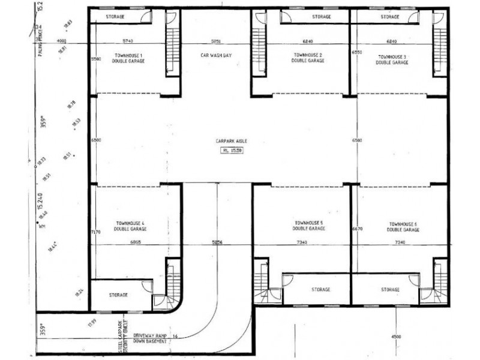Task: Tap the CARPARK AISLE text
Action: [232, 141]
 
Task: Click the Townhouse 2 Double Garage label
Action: [308, 58]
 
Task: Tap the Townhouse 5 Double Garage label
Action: [309, 226]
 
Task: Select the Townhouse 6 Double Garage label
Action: [403, 226]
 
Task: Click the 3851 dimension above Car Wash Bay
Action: [215, 41]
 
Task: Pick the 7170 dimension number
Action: [95, 231]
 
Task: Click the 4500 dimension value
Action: [396, 337]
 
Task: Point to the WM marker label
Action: [41, 227]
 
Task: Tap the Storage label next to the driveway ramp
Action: [118, 295]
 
